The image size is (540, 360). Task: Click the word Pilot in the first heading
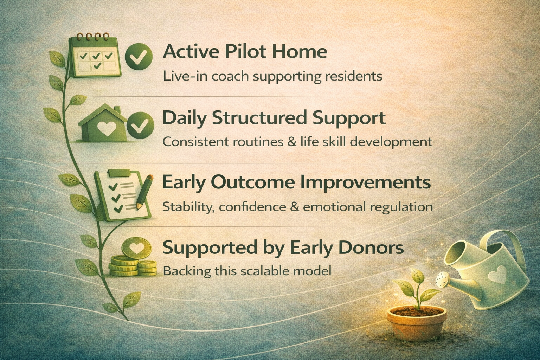coord(242,52)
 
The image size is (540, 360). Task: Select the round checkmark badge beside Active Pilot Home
coord(139,57)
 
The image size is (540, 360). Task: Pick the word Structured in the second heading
coord(265,118)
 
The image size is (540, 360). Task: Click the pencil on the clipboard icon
coord(144,192)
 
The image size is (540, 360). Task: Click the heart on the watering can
coord(497,275)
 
